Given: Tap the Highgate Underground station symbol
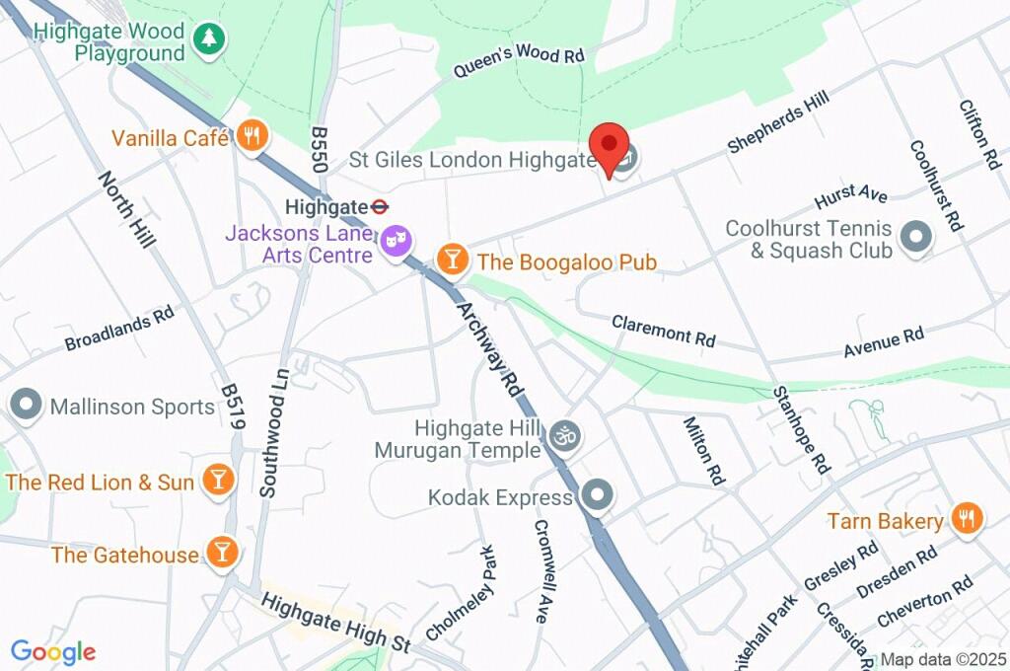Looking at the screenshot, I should coord(379,207).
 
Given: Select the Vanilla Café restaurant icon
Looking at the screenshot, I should coord(252,138).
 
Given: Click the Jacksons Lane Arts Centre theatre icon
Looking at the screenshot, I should coord(396,241).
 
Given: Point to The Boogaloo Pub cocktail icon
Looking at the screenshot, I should coord(452,261).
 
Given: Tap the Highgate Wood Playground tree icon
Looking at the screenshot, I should coord(208,39).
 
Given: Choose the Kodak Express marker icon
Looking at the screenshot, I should coord(596,496).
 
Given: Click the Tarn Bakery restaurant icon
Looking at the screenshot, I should coord(967,520).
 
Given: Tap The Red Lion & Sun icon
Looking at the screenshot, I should coord(218,482).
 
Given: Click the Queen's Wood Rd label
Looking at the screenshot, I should coord(519,62).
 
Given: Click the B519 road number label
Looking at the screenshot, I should coord(232,407).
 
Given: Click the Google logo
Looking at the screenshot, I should coord(53,651).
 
